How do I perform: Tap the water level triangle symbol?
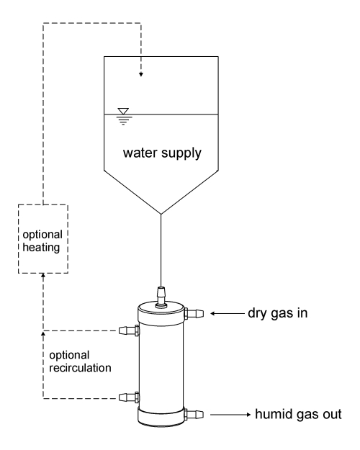(x=122, y=112)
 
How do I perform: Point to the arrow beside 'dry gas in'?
(x=226, y=313)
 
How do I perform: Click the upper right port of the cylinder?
(x=195, y=313)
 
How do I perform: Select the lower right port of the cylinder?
(x=195, y=415)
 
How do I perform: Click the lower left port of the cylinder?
(x=127, y=397)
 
